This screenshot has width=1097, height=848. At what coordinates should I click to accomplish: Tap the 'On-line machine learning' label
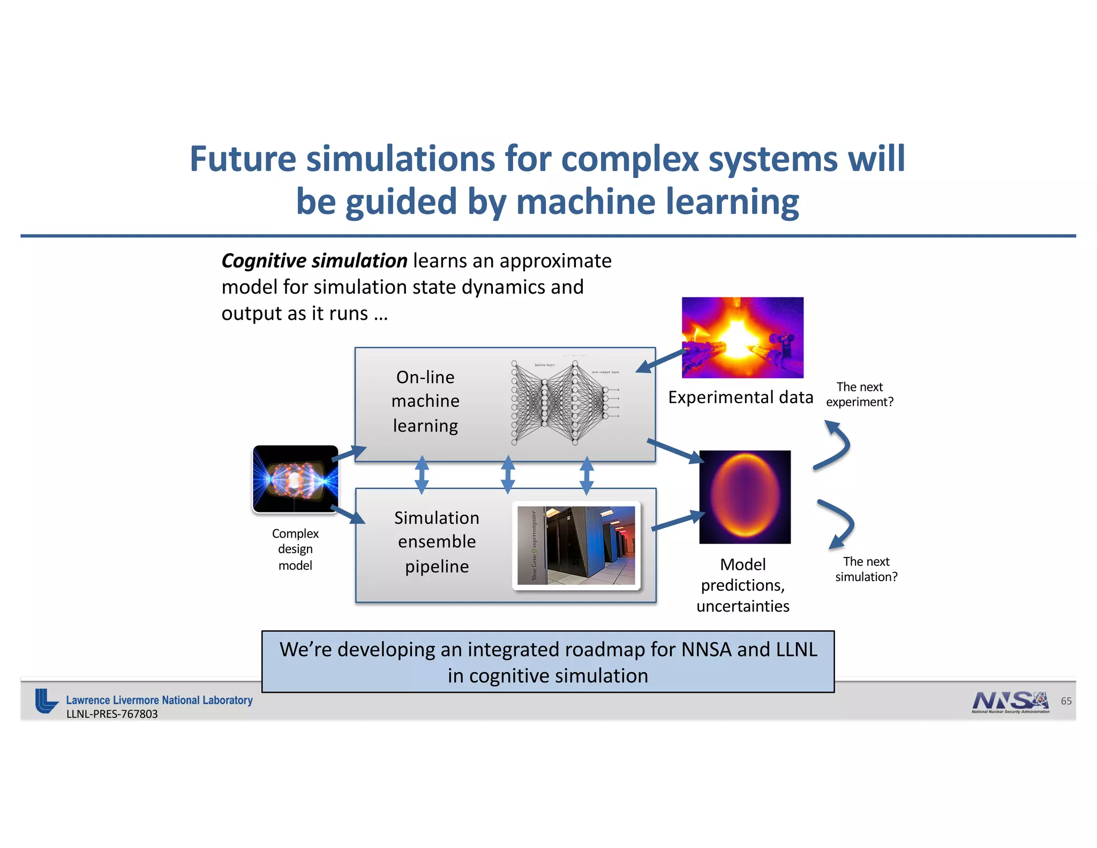point(425,401)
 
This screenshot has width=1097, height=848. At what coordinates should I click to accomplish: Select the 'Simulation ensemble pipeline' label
point(437,542)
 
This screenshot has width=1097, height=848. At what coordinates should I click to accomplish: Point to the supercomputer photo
point(576,545)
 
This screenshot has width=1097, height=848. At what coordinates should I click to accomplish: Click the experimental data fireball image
point(742,337)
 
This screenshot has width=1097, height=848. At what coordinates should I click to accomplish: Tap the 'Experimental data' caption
point(740,397)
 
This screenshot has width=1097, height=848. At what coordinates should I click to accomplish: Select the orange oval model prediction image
point(745,497)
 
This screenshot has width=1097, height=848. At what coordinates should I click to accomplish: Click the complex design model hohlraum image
point(295,479)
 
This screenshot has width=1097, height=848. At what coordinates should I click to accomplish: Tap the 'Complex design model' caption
point(295,549)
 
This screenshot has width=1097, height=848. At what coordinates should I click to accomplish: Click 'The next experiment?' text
point(859,395)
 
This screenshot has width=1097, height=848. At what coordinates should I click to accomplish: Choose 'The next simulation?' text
point(866,569)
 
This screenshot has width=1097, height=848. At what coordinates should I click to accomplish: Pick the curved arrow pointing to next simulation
point(838,523)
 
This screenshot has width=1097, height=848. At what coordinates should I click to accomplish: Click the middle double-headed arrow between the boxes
point(507,475)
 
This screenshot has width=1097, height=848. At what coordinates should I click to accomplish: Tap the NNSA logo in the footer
point(1010,701)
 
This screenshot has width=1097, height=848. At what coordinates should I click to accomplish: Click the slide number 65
point(1066,701)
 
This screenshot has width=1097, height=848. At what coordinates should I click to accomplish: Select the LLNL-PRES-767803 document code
point(112,714)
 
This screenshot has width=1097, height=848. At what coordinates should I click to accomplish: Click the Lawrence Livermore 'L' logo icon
point(46,701)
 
